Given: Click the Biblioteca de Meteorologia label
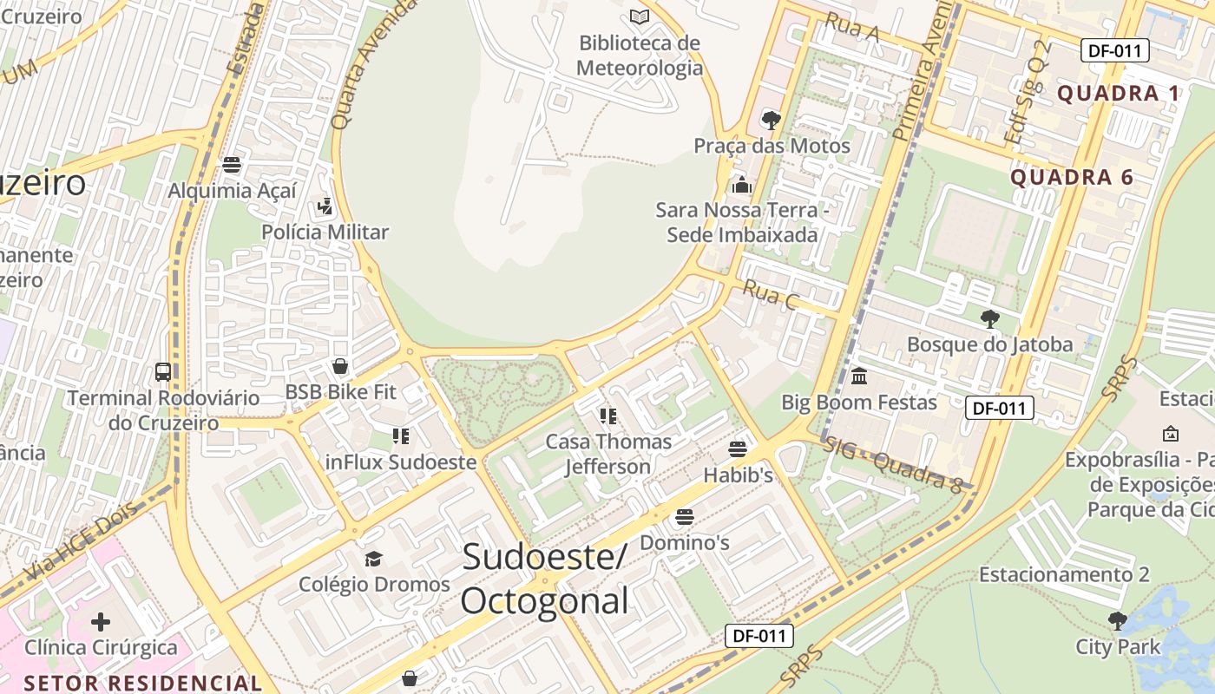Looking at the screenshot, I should (x=640, y=55).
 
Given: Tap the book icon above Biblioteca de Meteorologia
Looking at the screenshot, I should (x=640, y=16).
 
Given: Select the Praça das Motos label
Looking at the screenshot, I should (x=772, y=146).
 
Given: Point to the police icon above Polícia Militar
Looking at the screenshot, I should (x=325, y=206).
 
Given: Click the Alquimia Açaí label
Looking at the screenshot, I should (x=232, y=191).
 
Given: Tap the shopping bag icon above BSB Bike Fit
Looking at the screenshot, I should (x=340, y=366).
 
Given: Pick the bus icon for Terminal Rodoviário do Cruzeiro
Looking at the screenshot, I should (x=162, y=372).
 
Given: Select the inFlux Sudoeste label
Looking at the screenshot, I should (x=401, y=462).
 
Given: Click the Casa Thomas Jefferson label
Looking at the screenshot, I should (x=608, y=454).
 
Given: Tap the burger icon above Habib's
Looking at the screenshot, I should (x=738, y=449).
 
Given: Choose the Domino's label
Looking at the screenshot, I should (x=684, y=543).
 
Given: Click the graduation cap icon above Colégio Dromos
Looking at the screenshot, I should (x=373, y=559).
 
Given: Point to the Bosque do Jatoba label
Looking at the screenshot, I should (x=989, y=344).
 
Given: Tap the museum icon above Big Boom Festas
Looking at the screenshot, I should (x=859, y=376).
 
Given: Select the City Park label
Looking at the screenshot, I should (x=1118, y=647).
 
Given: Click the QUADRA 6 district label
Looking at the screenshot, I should (x=1072, y=178).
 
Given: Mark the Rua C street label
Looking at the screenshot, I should (x=771, y=296).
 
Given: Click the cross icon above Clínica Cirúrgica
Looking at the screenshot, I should (x=101, y=621).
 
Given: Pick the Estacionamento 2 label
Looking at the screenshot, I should (x=1064, y=574).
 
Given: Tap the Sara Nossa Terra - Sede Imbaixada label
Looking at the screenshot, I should (x=741, y=222).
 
